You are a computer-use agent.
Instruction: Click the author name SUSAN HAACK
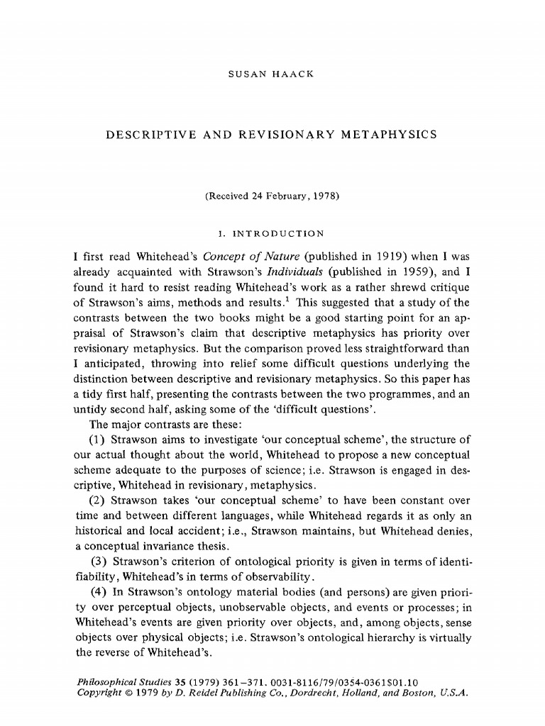[272, 74]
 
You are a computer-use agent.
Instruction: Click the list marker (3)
[99, 561]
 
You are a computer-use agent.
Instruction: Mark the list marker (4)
[99, 592]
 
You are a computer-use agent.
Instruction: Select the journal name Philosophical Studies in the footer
[120, 681]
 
